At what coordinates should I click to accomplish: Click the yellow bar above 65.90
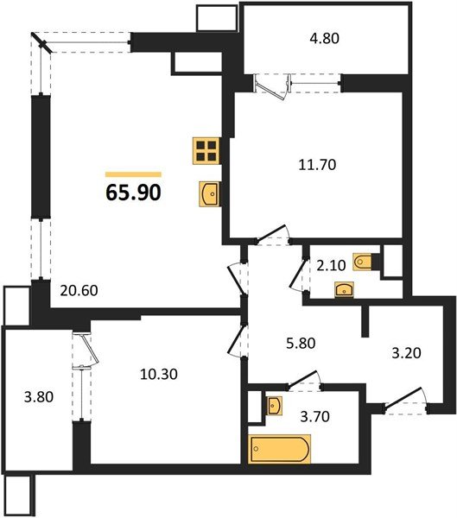point(133,174)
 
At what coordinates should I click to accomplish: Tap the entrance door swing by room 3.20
point(407,401)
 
